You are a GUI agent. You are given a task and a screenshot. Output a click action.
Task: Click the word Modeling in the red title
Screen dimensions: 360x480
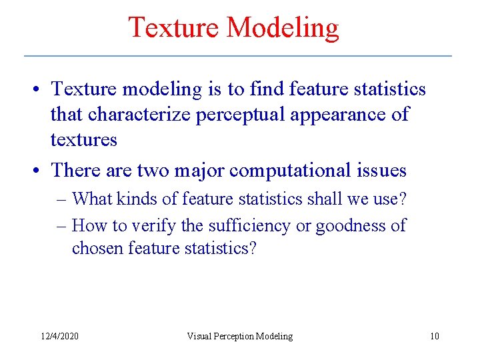click(x=283, y=28)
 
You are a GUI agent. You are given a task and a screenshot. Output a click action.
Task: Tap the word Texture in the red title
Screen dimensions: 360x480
click(x=174, y=28)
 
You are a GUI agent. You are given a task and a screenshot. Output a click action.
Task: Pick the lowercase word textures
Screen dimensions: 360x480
click(x=84, y=140)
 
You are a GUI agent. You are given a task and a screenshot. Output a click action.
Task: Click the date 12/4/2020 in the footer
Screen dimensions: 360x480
click(x=59, y=336)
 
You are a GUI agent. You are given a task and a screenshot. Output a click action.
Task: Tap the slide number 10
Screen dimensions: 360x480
click(x=434, y=336)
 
